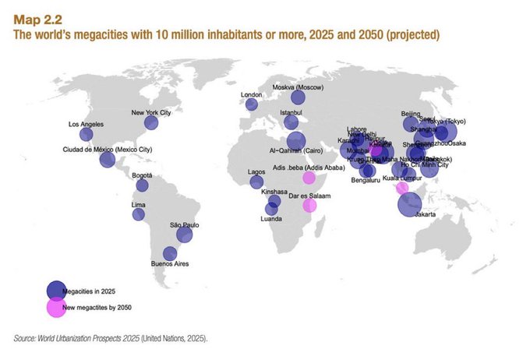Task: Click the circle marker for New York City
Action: (151, 122)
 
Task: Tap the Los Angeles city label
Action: (85, 125)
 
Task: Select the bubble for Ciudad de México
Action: (108, 160)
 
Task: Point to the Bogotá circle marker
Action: (143, 185)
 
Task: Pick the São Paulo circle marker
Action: (185, 235)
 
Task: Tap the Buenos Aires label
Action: (169, 265)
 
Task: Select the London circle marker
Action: (251, 105)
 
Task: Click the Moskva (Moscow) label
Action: (298, 86)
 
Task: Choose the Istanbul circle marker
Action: (291, 122)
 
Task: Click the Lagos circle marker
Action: (256, 182)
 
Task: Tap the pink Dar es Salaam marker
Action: (309, 205)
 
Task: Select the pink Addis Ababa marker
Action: (309, 178)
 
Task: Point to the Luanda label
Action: (271, 220)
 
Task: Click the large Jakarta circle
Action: (410, 204)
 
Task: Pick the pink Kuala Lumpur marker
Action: (402, 188)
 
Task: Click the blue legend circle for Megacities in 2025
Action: (55, 290)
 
